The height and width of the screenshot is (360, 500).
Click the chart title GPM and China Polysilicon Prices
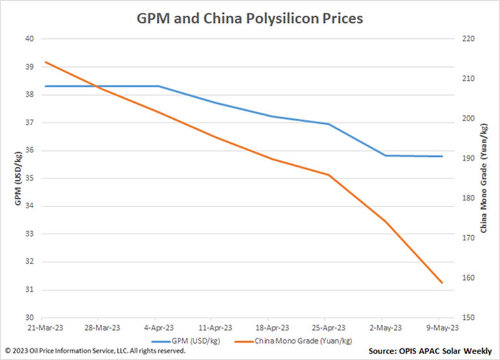coord(249,18)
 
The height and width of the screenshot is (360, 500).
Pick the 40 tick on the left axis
coord(29,39)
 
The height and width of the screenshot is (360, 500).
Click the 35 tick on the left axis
coord(29,178)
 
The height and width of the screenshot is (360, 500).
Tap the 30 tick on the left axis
coord(29,318)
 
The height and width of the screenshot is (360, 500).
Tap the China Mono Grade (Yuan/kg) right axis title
coord(484,178)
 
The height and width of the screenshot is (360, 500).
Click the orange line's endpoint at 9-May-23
coord(442,283)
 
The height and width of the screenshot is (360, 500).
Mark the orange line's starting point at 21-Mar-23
coord(45,62)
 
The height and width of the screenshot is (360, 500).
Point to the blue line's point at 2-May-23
coord(385,156)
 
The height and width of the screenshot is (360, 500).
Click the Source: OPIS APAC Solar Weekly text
coord(430,351)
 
